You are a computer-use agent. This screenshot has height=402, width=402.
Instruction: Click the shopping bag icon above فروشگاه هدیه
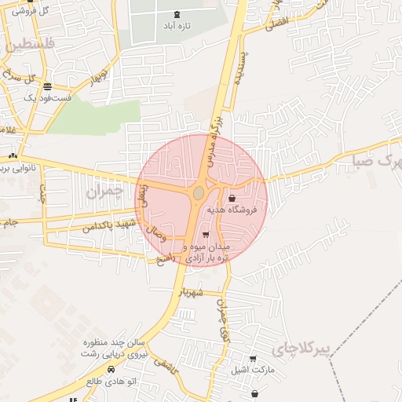[232, 199]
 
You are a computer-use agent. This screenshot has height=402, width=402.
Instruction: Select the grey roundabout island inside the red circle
[199, 192]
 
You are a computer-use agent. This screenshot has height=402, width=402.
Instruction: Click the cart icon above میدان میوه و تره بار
[206, 235]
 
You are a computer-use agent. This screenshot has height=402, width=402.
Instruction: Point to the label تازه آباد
[175, 26]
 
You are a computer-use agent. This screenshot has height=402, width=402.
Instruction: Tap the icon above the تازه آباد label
[175, 13]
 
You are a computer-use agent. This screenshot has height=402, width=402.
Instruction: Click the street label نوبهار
[97, 76]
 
